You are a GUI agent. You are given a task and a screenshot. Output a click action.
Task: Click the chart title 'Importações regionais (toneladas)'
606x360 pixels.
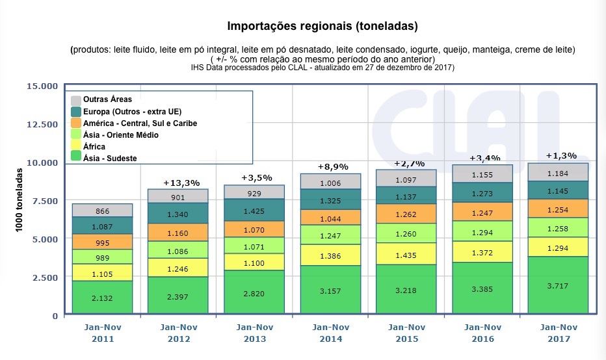[322, 27]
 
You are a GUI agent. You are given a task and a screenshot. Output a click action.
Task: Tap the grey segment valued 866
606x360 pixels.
[93, 211]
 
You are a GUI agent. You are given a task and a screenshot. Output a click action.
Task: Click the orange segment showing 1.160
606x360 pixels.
[169, 232]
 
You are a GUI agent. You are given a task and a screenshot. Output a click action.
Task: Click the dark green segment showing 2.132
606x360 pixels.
[93, 298]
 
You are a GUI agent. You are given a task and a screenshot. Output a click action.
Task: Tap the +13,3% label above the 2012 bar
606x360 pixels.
[181, 183]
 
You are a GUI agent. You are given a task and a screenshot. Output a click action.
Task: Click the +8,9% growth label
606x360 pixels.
[332, 166]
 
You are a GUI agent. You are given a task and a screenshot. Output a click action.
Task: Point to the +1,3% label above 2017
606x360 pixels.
[561, 155]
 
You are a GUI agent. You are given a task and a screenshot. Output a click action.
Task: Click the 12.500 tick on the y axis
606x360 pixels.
[43, 124]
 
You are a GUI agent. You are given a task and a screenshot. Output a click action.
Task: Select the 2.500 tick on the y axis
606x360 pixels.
[46, 277]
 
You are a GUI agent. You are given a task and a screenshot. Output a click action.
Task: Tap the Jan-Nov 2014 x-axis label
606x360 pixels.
[331, 333]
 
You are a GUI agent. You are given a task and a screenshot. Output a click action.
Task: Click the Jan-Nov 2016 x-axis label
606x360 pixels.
[483, 333]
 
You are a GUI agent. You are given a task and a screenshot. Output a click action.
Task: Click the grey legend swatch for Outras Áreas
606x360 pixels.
[76, 100]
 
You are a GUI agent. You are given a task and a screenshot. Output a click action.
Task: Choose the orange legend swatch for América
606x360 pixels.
[76, 123]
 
